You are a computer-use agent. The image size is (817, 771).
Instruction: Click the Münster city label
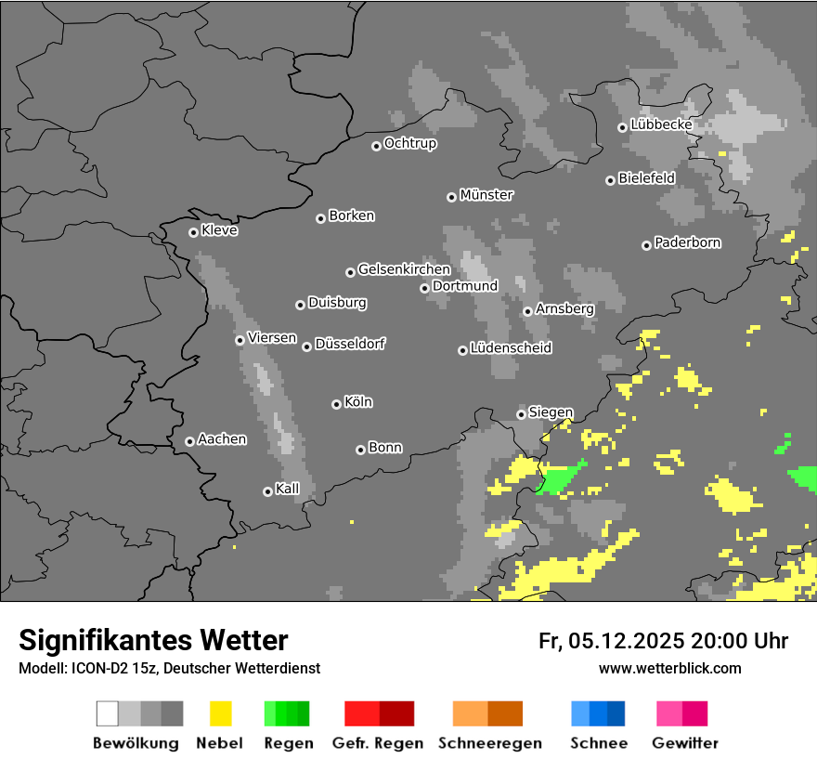[486, 195]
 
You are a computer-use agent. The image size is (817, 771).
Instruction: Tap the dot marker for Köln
[336, 404]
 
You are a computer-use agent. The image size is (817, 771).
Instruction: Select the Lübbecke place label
[661, 124]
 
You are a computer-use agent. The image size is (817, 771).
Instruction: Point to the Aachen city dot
[189, 441]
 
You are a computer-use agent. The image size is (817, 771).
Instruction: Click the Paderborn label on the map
[688, 242]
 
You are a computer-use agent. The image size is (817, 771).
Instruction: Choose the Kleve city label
[220, 230]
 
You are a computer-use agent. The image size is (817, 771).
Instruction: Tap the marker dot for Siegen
[521, 414]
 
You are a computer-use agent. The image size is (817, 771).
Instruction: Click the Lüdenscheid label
[511, 348]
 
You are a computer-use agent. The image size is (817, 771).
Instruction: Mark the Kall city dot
[267, 491]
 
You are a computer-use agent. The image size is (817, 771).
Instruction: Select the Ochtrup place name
[410, 143]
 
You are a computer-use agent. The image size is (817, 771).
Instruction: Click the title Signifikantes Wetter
[153, 640]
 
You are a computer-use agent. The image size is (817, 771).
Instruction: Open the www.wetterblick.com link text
[670, 668]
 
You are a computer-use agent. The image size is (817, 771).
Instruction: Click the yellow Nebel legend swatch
[220, 713]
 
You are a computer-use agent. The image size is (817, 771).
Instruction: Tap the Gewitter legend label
[685, 743]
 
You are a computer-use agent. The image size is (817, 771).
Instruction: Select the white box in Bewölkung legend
[107, 713]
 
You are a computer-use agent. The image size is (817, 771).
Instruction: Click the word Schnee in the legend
[599, 743]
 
